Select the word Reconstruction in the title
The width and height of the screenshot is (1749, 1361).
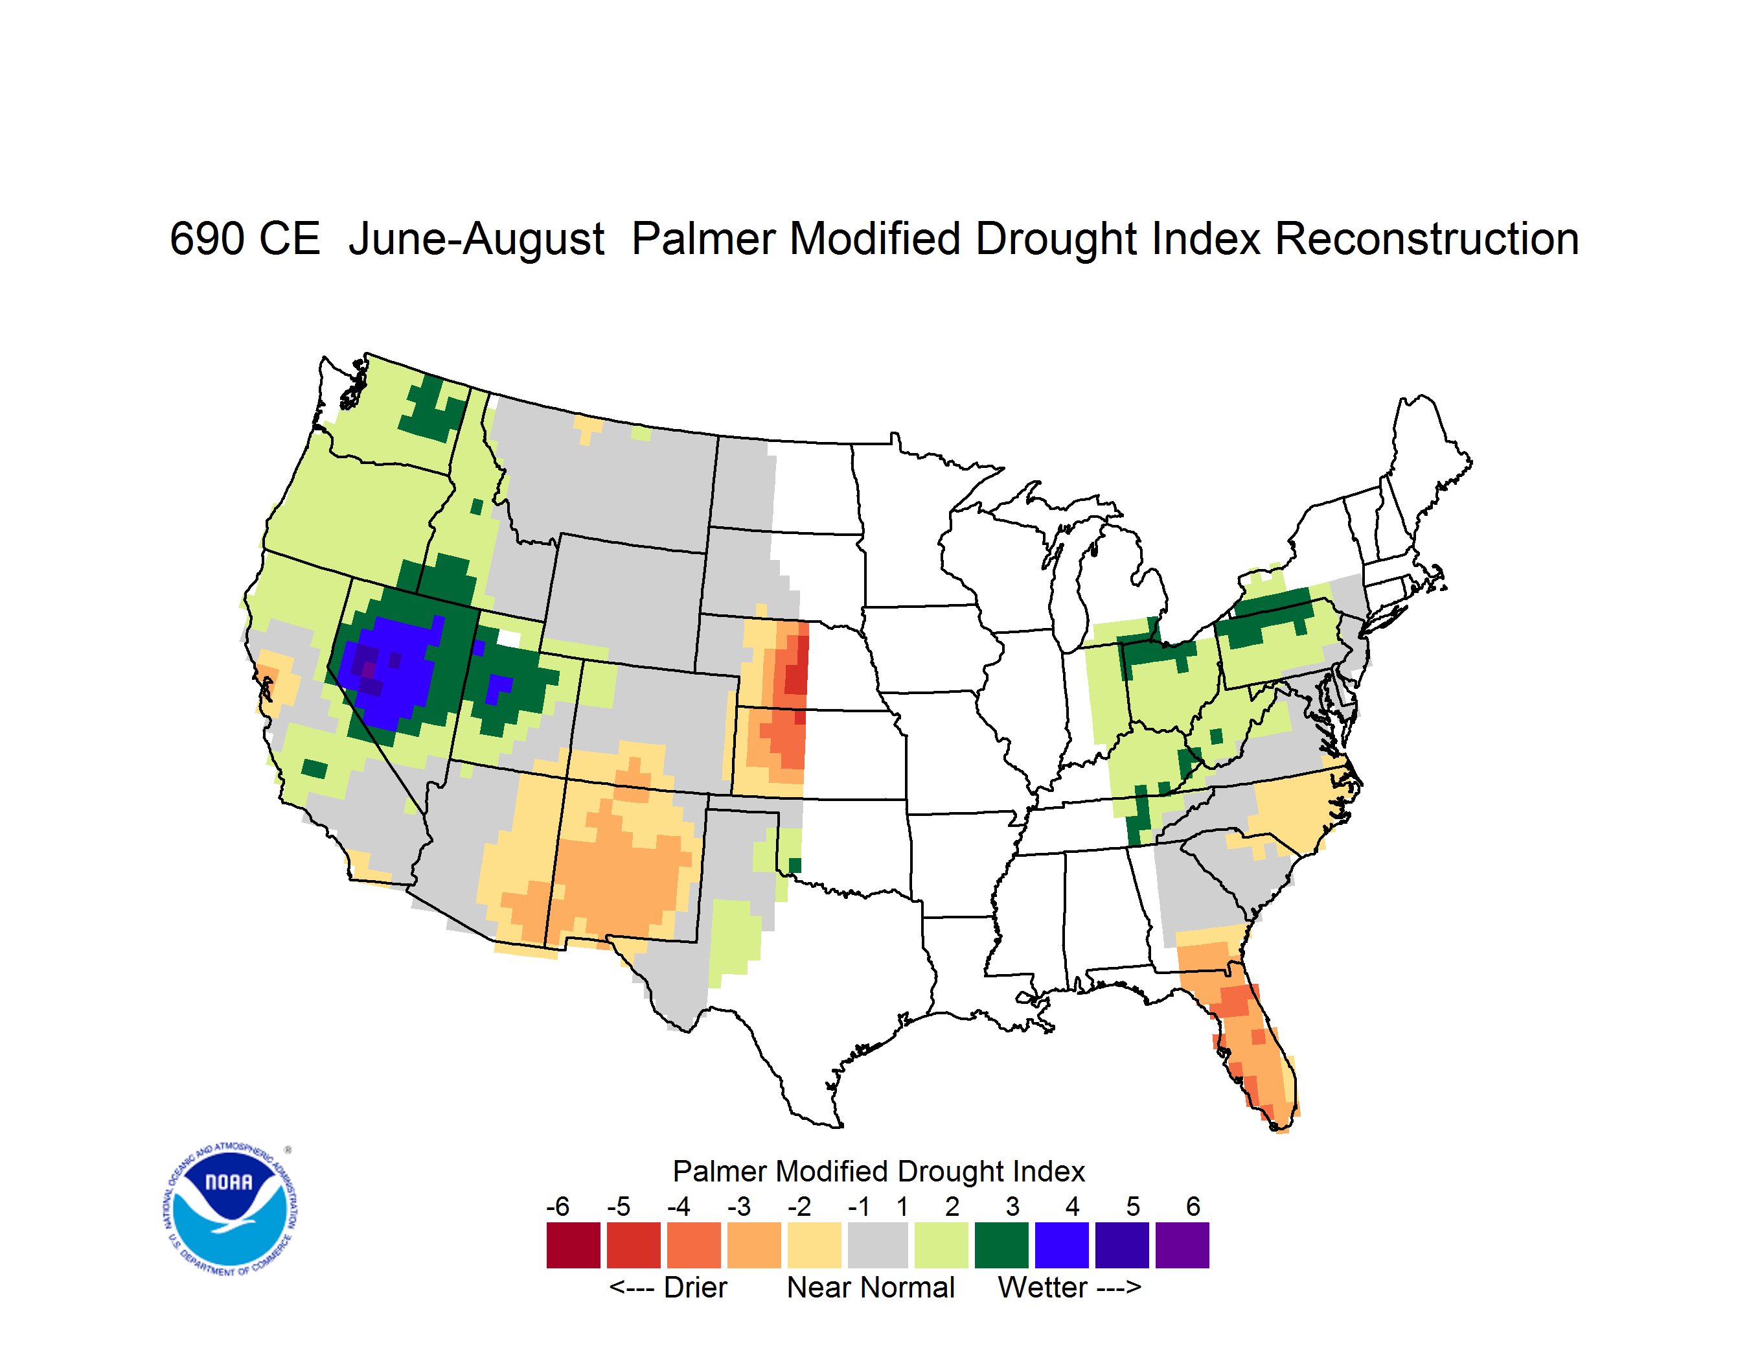(x=1426, y=238)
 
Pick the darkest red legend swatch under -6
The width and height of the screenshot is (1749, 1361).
(x=573, y=1245)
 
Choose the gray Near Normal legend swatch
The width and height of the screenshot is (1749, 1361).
(x=878, y=1245)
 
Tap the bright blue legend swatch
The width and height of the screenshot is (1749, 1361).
(x=1062, y=1245)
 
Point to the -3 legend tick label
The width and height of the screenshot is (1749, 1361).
(x=738, y=1205)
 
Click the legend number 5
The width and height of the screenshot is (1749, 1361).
(x=1132, y=1205)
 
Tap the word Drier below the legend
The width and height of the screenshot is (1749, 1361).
(x=695, y=1287)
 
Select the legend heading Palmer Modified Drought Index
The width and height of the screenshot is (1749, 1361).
(x=878, y=1171)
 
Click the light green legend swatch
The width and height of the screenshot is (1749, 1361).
(x=941, y=1245)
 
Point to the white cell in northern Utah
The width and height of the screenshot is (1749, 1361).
(x=509, y=638)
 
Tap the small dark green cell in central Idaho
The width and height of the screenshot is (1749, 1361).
(x=477, y=506)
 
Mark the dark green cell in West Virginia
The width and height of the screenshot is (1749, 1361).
(x=1216, y=736)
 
